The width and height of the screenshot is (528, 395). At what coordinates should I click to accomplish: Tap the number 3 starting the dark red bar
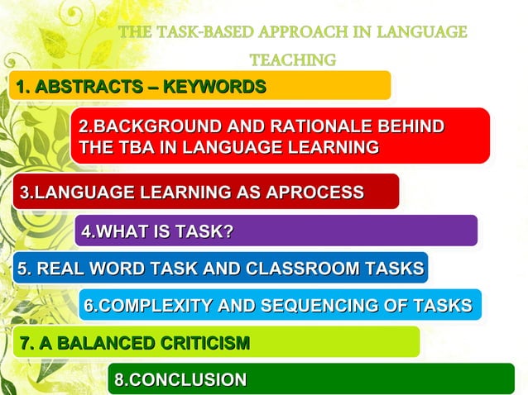tap(25, 193)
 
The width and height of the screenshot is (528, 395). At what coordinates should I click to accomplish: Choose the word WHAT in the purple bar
tap(123, 231)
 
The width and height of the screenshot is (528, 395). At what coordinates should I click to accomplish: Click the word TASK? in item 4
tap(201, 231)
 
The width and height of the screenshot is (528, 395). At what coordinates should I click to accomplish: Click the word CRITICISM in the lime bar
tap(201, 342)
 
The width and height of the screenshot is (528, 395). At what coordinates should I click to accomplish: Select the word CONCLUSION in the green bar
tap(187, 380)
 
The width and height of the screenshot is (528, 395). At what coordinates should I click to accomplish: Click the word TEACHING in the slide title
tap(292, 59)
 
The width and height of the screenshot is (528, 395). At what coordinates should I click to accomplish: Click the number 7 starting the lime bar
tap(23, 342)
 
